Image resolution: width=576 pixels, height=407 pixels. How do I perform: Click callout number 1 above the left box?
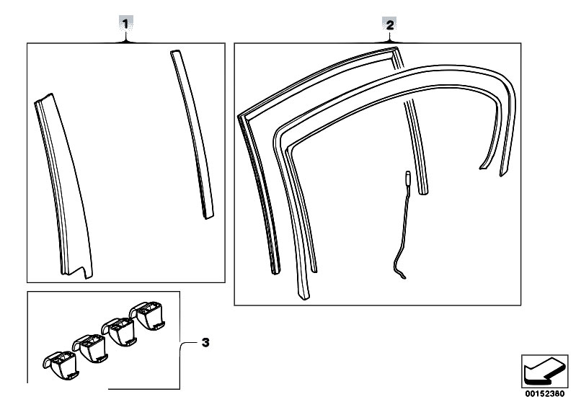tap(126, 24)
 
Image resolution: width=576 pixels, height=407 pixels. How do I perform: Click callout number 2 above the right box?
tap(389, 24)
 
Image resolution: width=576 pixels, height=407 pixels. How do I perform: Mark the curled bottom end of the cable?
tap(401, 273)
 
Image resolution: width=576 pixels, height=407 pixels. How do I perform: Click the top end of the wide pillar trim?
tap(43, 98)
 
